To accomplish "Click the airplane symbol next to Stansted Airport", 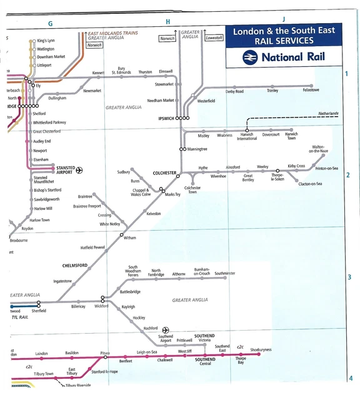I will click(x=79, y=169).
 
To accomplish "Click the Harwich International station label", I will click(x=246, y=136).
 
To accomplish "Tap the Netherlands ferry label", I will click(x=328, y=113).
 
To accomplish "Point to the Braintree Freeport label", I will click(x=87, y=206).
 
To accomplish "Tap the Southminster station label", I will click(x=225, y=273).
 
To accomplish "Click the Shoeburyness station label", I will click(x=261, y=349).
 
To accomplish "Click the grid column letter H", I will click(x=167, y=22).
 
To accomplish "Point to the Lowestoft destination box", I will click(x=214, y=38).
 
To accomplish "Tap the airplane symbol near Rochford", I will click(x=166, y=329).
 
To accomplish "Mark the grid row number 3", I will click(x=350, y=277).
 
